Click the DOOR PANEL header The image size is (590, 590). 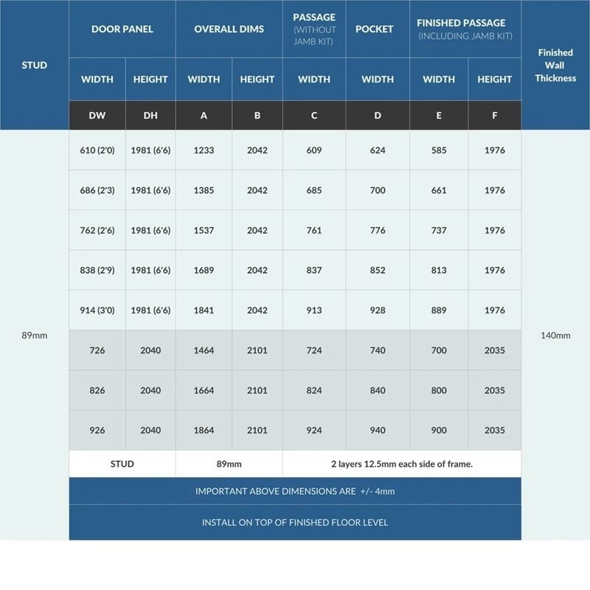pyautogui.click(x=122, y=29)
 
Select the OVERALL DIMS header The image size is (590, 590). pyautogui.click(x=229, y=29)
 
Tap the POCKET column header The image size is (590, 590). pyautogui.click(x=378, y=29)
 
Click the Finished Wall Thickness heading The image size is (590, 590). pyautogui.click(x=555, y=65)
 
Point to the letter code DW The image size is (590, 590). pyautogui.click(x=97, y=115)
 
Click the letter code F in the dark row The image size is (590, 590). pyautogui.click(x=494, y=115)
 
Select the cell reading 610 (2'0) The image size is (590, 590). pyautogui.click(x=97, y=150)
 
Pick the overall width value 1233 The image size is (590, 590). pyautogui.click(x=204, y=150)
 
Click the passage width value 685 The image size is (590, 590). pyautogui.click(x=314, y=190)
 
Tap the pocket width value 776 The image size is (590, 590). pyautogui.click(x=378, y=230)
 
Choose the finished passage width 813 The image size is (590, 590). pyautogui.click(x=439, y=270)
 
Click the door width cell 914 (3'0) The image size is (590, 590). pyautogui.click(x=97, y=310)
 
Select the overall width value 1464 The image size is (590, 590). pyautogui.click(x=204, y=350)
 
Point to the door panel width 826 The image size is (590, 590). pyautogui.click(x=97, y=390)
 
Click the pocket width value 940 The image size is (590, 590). pyautogui.click(x=378, y=430)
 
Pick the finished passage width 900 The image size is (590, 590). pyautogui.click(x=439, y=430)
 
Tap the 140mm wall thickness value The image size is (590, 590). pyautogui.click(x=555, y=336)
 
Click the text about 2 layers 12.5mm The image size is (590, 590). pyautogui.click(x=402, y=464)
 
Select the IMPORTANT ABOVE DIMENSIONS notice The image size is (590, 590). pyautogui.click(x=295, y=491)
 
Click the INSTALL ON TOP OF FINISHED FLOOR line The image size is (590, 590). pyautogui.click(x=295, y=522)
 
